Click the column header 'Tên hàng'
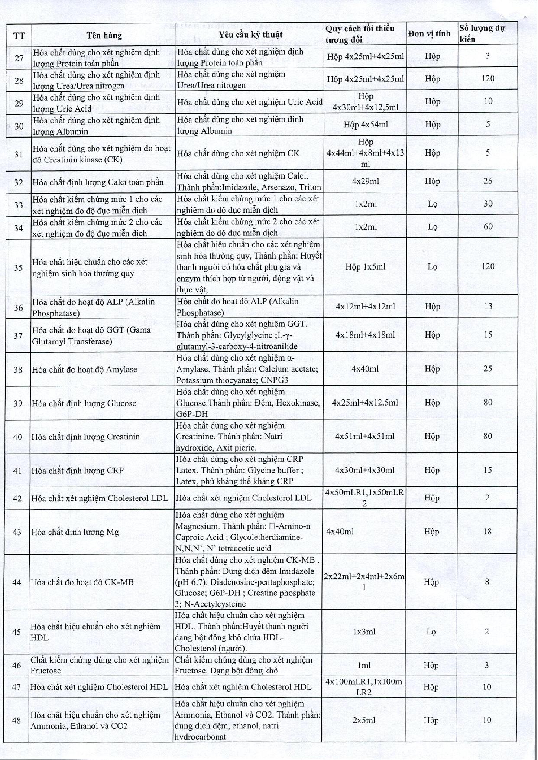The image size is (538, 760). click(x=104, y=36)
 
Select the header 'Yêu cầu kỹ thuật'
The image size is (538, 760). click(x=250, y=35)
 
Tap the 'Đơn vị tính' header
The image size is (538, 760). click(x=429, y=34)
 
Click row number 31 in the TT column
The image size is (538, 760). click(x=18, y=153)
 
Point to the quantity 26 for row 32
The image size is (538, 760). click(x=488, y=181)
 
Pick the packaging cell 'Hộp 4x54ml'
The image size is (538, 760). click(x=366, y=125)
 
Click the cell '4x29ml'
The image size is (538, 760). click(x=366, y=181)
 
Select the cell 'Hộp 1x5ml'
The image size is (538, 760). click(x=366, y=267)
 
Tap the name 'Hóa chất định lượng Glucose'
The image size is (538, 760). click(x=84, y=403)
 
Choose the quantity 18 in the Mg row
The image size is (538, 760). click(x=487, y=532)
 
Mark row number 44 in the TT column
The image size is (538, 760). click(x=17, y=582)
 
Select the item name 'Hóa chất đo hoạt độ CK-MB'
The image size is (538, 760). click(x=82, y=582)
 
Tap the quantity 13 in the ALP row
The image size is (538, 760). click(x=488, y=306)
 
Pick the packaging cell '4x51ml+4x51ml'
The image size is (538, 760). click(x=365, y=436)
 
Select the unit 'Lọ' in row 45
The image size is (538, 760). click(x=431, y=632)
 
